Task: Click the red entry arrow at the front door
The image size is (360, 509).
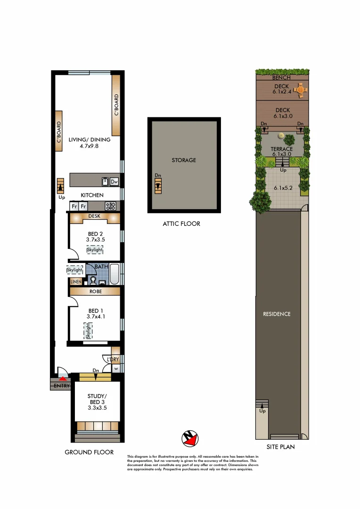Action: tap(63, 378)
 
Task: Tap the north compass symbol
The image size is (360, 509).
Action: tap(190, 438)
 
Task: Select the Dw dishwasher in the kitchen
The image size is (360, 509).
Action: tap(114, 181)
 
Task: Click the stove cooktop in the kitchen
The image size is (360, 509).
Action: tap(110, 206)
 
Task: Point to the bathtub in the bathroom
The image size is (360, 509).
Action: tap(115, 274)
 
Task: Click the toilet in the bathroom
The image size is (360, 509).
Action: tap(93, 280)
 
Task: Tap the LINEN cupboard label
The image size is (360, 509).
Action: tap(75, 282)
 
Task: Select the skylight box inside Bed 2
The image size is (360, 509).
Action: tap(95, 249)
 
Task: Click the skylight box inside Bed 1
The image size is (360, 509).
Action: tap(88, 331)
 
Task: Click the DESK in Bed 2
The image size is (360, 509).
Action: tap(95, 217)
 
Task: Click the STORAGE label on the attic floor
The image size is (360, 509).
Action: tap(183, 160)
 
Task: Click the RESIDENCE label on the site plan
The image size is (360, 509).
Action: tap(277, 314)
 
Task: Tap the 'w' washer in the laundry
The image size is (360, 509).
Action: tap(115, 369)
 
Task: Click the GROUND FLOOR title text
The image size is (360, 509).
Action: tap(89, 452)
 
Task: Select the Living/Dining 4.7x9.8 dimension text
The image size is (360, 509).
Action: tap(90, 146)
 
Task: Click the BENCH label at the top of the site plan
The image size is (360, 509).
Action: tap(281, 77)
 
